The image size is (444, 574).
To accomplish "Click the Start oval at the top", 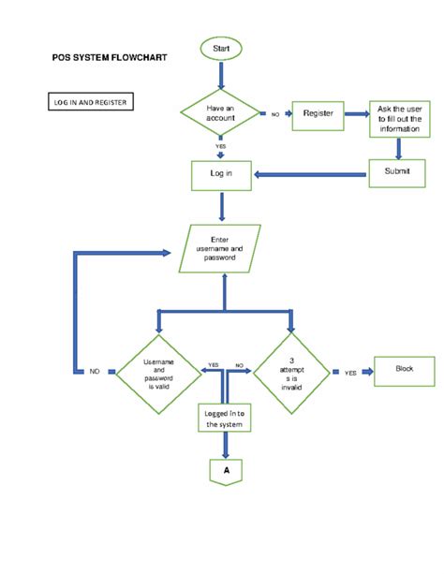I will point(221,47).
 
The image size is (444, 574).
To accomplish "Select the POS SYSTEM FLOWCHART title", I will point(109,58).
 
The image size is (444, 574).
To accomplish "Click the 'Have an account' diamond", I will point(221,113).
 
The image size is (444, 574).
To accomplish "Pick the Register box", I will point(318,113).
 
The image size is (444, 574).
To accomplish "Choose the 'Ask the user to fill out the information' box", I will point(400,118).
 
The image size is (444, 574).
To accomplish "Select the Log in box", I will point(221,173).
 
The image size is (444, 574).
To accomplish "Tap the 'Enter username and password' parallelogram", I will point(221,248).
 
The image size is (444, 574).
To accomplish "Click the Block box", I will point(405,370).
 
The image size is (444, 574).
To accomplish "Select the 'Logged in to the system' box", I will point(225,418).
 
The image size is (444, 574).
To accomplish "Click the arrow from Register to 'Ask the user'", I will point(355,114).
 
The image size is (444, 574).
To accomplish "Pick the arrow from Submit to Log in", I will point(309,173).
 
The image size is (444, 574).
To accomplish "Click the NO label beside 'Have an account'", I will point(275,114).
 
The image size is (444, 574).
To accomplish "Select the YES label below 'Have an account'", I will point(221,146).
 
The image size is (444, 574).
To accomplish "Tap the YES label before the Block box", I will point(350,373).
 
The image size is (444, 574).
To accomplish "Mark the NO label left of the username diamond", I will point(95,372).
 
